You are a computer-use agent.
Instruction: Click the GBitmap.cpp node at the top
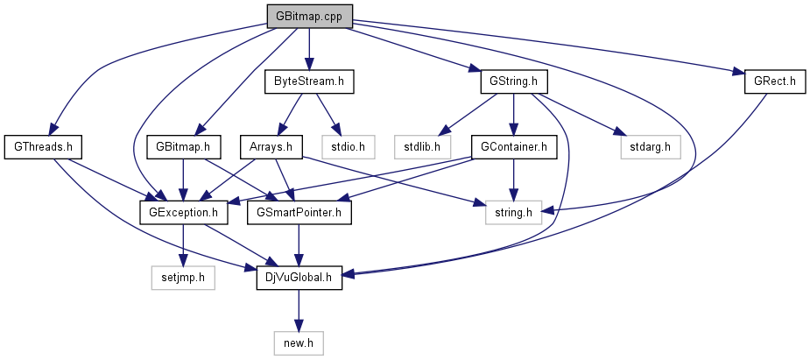309,16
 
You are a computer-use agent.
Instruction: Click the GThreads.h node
37,146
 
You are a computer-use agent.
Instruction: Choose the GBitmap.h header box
182,146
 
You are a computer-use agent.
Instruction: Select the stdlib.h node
422,146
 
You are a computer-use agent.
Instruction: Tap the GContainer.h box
513,146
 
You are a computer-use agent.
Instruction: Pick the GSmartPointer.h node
300,211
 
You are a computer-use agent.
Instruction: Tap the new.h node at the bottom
299,343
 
